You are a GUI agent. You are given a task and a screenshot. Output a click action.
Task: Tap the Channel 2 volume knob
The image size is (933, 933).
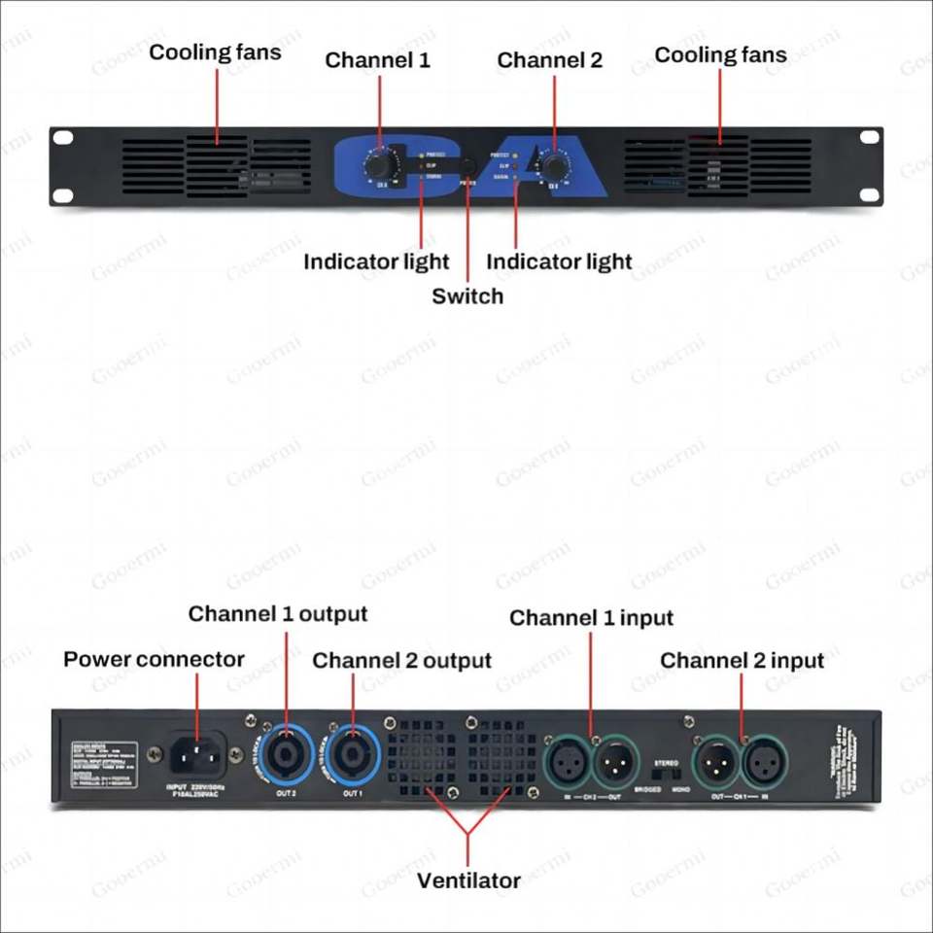tap(555, 161)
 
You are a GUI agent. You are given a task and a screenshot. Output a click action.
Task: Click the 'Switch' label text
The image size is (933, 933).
tap(467, 296)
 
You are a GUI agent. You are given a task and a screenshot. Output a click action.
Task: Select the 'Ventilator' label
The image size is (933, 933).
tap(468, 881)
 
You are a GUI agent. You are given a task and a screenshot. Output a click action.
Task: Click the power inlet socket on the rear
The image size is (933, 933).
tap(197, 754)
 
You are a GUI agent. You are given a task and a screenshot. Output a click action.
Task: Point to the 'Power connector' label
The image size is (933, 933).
tap(154, 660)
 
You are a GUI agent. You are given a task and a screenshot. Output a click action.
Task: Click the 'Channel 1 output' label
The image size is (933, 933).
tap(278, 614)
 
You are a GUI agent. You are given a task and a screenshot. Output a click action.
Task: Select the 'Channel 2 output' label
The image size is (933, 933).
tap(401, 661)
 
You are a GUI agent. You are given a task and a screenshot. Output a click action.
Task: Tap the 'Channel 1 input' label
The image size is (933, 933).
tap(591, 618)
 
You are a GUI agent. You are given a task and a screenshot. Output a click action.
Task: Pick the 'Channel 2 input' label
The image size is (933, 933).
tap(742, 661)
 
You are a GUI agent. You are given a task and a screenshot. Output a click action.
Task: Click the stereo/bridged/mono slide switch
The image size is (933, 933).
tap(667, 777)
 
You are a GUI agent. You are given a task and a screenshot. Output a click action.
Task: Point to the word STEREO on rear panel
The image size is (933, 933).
tap(667, 764)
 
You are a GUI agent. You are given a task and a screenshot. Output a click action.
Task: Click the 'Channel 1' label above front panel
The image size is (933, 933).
tap(377, 60)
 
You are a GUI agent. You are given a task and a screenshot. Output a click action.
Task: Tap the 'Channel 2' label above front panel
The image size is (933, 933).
tap(549, 60)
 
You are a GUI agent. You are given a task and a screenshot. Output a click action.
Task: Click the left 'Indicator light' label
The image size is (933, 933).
tap(376, 262)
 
